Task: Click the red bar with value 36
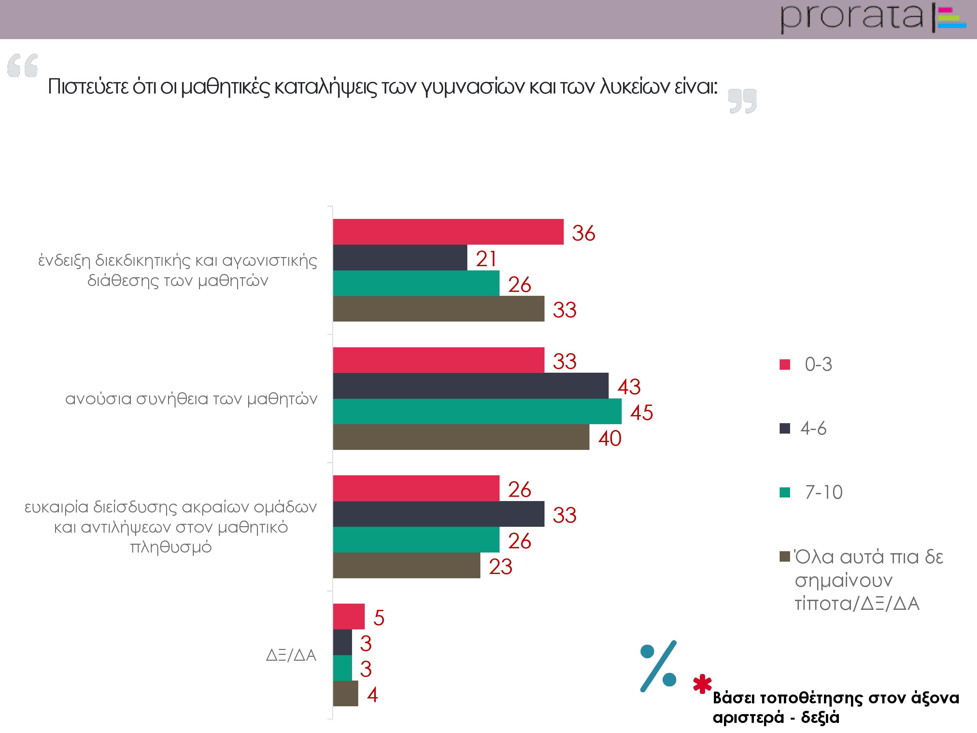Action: click(x=448, y=232)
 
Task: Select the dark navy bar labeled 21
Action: click(x=400, y=258)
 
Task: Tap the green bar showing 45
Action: click(x=477, y=411)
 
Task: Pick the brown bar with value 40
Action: click(x=461, y=437)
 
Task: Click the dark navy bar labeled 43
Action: click(x=470, y=386)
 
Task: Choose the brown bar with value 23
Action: click(x=406, y=565)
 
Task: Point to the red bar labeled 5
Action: click(x=348, y=616)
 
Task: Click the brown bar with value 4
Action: click(x=346, y=693)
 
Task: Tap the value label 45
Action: click(x=641, y=412)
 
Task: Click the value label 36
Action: click(x=584, y=233)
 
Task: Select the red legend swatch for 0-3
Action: click(x=785, y=365)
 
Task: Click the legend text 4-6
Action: click(x=813, y=428)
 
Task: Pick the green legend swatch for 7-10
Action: click(x=785, y=492)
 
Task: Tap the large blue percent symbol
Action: click(x=658, y=666)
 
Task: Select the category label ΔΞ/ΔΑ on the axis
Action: click(x=291, y=655)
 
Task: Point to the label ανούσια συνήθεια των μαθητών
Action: click(x=191, y=399)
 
